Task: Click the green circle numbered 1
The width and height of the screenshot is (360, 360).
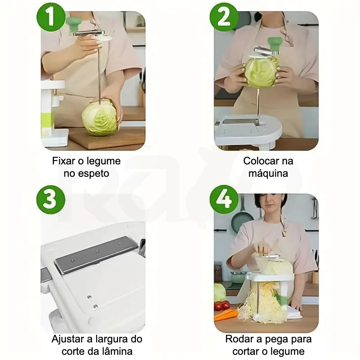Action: (x=51, y=17)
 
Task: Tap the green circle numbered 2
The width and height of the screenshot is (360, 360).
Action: (x=224, y=17)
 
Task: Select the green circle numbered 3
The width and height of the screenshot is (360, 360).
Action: (x=51, y=200)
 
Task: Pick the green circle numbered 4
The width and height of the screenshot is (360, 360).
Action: (x=224, y=200)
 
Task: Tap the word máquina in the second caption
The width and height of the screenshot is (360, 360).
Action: (x=268, y=173)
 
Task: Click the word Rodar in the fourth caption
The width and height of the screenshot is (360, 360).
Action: (x=240, y=339)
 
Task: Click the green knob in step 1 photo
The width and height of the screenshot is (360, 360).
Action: (x=74, y=24)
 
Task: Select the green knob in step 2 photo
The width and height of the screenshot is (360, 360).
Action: (x=275, y=44)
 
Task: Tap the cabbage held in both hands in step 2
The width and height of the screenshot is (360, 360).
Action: (x=262, y=72)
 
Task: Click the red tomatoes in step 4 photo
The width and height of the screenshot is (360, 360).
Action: (x=222, y=306)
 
